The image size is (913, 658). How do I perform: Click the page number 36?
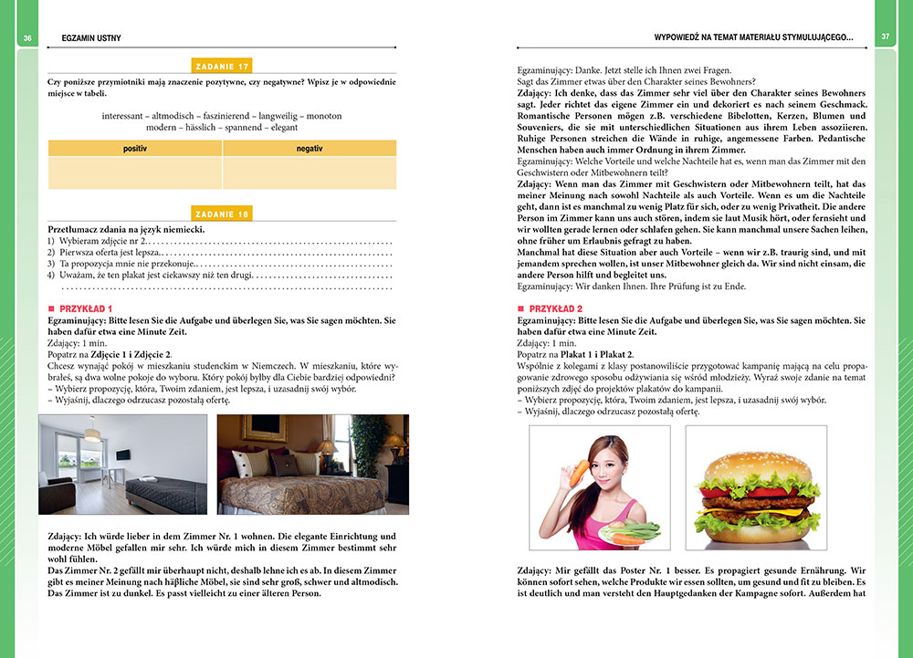point(28,37)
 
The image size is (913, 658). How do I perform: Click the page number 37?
point(885,37)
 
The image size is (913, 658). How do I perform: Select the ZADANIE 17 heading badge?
point(223,66)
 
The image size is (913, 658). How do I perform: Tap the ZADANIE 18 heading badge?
point(223,214)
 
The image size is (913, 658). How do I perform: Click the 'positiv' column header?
point(134,148)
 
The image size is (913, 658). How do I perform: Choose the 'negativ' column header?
point(310,148)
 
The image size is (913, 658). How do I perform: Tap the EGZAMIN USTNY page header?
point(91,38)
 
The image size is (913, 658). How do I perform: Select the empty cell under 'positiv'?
point(134,172)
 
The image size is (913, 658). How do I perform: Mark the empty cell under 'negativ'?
point(310,172)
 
